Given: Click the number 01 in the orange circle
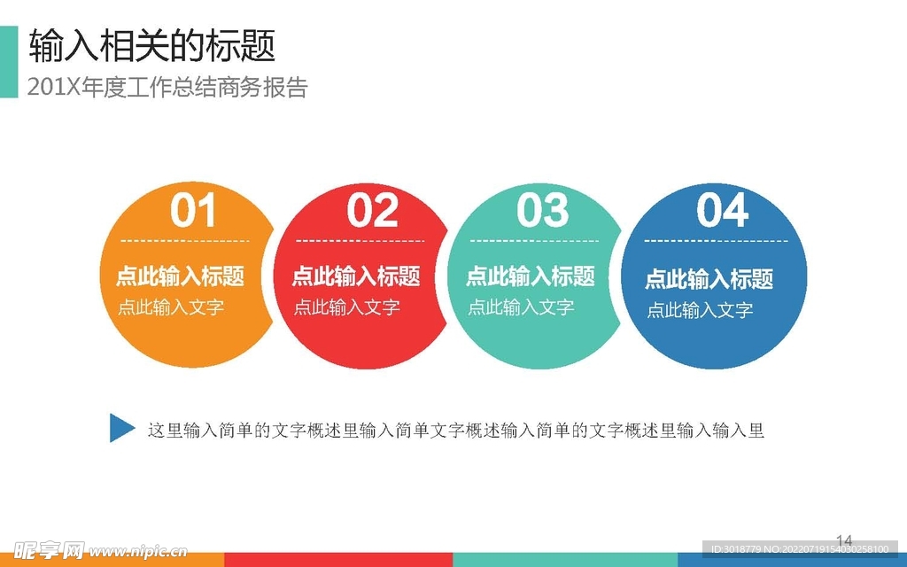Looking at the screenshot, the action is (x=193, y=210).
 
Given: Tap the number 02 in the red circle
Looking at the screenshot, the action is (x=373, y=210).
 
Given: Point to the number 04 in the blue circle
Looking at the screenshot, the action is (x=723, y=210).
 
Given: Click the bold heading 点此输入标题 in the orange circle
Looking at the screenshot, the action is (x=181, y=276).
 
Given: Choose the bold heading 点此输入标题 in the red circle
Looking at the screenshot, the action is (x=356, y=276).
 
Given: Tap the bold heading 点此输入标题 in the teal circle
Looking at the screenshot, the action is (x=531, y=276).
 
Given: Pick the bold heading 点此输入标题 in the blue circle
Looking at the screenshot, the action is (x=709, y=279).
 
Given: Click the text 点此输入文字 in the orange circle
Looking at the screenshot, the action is (x=171, y=307).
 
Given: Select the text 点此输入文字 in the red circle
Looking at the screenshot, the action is (x=346, y=307).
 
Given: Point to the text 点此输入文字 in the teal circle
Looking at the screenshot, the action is (x=521, y=307).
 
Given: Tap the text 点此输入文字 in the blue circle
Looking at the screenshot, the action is (x=700, y=310).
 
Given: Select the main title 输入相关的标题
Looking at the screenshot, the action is (x=152, y=46).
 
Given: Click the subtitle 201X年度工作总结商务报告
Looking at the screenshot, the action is (x=167, y=88).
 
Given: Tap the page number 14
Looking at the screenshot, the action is (x=844, y=540).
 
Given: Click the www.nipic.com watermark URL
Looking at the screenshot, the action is (x=138, y=551).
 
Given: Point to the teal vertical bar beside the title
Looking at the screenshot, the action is (x=9, y=62).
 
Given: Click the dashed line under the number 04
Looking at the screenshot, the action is (x=716, y=241).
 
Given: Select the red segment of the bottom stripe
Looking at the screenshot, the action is (x=338, y=560).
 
